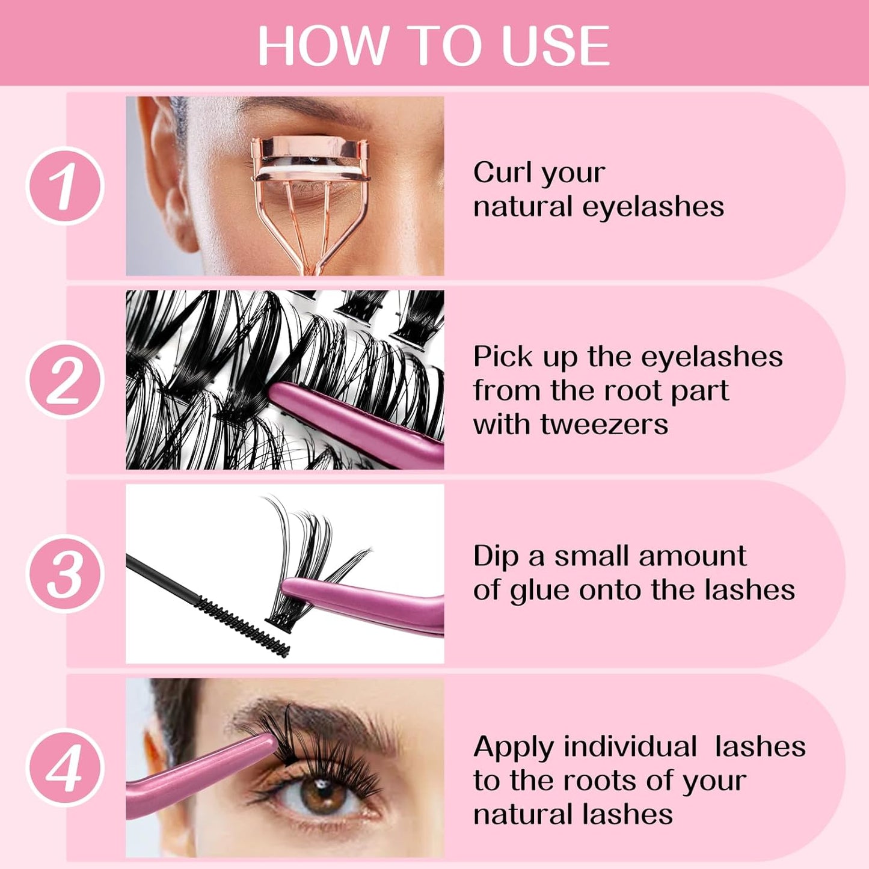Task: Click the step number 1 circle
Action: [x=65, y=186]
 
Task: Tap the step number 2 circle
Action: [x=65, y=379]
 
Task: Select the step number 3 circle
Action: [x=65, y=574]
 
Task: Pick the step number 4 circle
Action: [x=65, y=767]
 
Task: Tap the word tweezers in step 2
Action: [x=604, y=424]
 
